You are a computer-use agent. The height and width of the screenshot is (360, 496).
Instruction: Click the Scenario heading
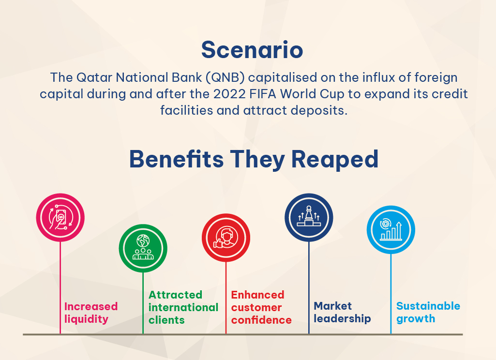click(x=252, y=50)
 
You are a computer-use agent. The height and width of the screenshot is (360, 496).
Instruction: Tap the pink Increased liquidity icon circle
click(x=60, y=218)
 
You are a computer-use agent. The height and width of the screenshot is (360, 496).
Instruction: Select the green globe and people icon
click(x=143, y=248)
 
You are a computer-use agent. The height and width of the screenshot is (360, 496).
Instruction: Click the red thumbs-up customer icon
click(x=226, y=238)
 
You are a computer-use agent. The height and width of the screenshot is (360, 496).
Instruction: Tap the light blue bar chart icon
click(x=391, y=230)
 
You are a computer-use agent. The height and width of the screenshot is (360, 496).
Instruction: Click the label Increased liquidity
click(x=91, y=313)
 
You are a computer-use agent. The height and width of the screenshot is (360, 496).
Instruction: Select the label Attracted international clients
click(x=183, y=307)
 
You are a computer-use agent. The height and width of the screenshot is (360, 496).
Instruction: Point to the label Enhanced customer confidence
click(x=261, y=307)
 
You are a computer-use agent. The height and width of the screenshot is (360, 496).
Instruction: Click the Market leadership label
click(x=342, y=312)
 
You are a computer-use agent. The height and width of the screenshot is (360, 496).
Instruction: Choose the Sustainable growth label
click(x=428, y=312)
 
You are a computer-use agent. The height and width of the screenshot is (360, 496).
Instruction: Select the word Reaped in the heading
click(x=335, y=160)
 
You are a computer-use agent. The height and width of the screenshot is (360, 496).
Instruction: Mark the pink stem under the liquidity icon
click(x=60, y=287)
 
